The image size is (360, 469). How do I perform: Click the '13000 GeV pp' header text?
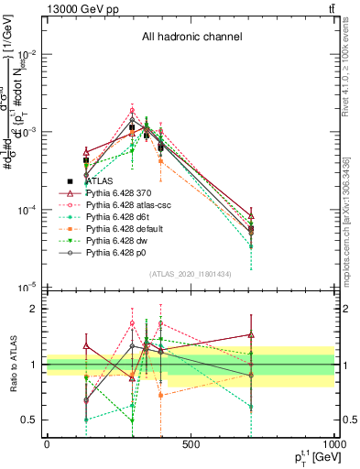pos(84,8)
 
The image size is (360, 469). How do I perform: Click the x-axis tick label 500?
pos(191,444)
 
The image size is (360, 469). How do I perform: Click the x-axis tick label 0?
pos(47,444)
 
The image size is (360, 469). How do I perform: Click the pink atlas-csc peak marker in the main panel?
pos(132,111)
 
